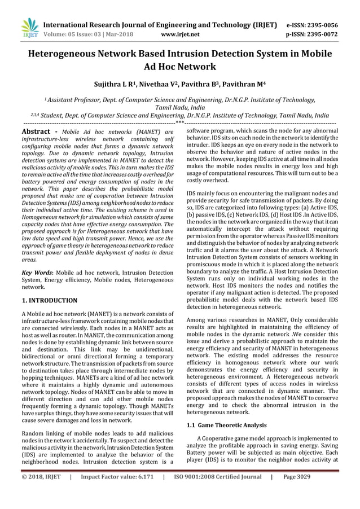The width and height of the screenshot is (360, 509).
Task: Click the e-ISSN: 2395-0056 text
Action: pos(312,25)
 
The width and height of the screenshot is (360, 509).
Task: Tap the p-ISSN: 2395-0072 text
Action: pos(312,34)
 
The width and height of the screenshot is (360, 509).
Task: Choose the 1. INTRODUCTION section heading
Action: pos(49,300)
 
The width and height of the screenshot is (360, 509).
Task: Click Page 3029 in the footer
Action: pos(297,477)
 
